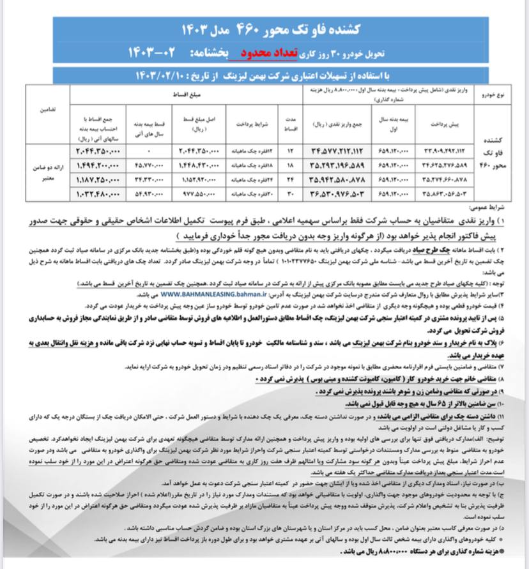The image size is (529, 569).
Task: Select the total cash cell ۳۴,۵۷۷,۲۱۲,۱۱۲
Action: click(x=337, y=151)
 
